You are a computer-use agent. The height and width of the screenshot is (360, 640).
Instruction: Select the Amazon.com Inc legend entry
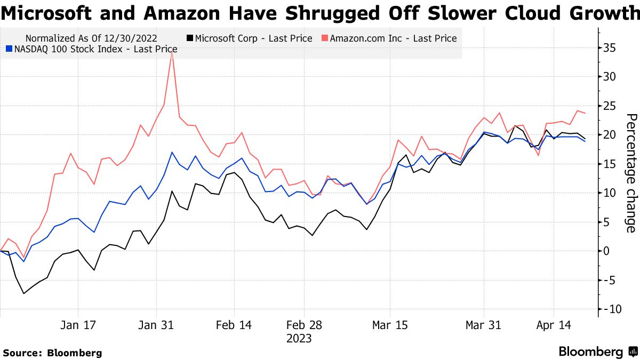click(x=389, y=38)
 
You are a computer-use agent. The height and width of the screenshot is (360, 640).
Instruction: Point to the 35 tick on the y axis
click(x=610, y=49)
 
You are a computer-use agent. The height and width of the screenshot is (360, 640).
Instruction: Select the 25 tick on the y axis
click(x=610, y=106)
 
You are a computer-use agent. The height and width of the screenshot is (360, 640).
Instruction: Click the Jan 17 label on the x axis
click(x=78, y=325)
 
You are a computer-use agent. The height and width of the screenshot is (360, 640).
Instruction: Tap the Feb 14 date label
click(x=234, y=325)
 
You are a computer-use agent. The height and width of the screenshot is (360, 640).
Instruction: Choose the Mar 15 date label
click(x=390, y=325)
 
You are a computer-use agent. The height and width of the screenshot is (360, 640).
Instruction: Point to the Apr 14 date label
click(x=553, y=325)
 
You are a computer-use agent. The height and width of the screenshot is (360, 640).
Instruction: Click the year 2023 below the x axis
click(x=299, y=339)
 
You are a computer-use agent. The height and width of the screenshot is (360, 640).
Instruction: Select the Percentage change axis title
click(x=630, y=173)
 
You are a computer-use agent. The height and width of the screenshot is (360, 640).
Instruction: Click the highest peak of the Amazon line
click(x=172, y=52)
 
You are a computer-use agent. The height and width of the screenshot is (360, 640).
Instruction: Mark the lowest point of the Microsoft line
click(x=23, y=293)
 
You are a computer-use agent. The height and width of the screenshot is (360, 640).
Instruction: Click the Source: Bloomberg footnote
click(x=52, y=353)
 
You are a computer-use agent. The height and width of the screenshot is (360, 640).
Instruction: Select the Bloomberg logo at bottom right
click(x=597, y=352)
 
